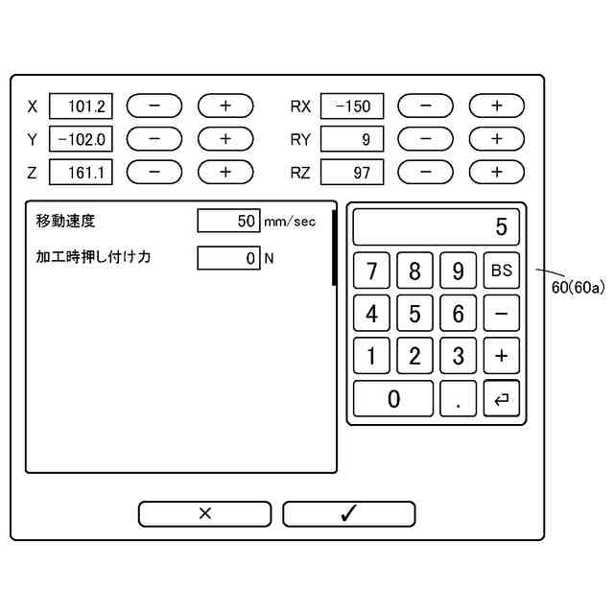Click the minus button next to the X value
(153, 106)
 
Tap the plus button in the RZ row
(496, 173)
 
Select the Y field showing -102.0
(82, 139)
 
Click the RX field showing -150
(352, 106)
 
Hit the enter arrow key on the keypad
(501, 398)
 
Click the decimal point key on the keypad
(458, 398)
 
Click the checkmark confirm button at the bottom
(348, 513)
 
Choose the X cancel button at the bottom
(205, 513)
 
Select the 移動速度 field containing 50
(228, 222)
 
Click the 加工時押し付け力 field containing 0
(228, 258)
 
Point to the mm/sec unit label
(289, 222)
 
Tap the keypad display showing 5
(436, 227)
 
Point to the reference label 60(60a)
(578, 286)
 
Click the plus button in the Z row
(224, 173)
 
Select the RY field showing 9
(352, 139)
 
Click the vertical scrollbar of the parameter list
(334, 248)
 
